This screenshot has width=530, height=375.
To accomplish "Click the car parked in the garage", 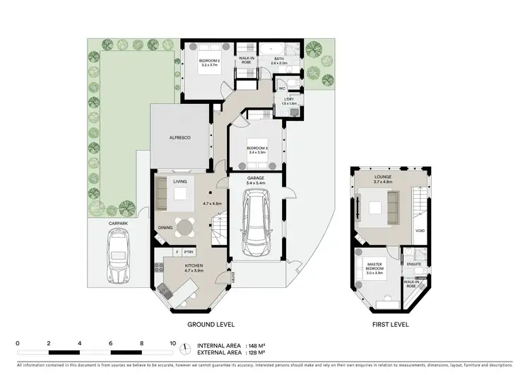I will tap(255, 226).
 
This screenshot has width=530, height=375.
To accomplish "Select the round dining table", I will tap(186, 227).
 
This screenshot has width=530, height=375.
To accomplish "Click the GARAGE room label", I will tap(255, 178).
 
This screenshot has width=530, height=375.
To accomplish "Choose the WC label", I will tap(281, 89).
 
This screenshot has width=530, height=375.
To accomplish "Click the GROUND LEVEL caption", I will tap(210, 324).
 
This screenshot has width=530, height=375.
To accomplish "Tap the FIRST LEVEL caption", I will tap(387, 324).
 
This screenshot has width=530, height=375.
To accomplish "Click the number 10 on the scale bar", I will tap(173, 342).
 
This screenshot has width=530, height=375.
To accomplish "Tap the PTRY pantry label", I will tap(189, 252).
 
